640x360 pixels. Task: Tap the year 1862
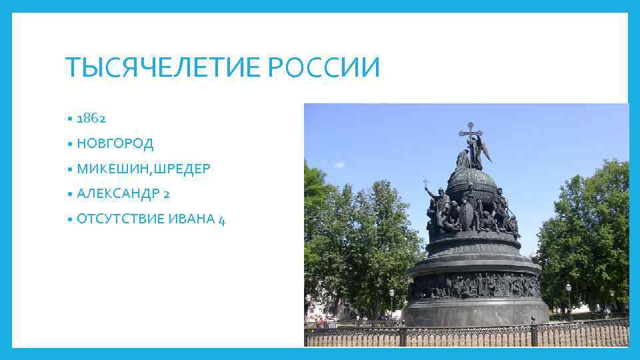coord(91,119)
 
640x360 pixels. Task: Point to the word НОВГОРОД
coord(115,143)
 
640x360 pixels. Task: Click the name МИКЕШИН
coord(113,169)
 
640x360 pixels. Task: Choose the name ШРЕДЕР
coord(182,169)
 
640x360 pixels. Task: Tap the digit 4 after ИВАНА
coord(221,220)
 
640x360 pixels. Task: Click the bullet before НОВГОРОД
coord(70,144)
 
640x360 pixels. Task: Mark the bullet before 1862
coord(70,119)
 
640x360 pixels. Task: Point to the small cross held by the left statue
coord(425,182)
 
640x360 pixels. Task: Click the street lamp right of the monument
coord(568,289)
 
